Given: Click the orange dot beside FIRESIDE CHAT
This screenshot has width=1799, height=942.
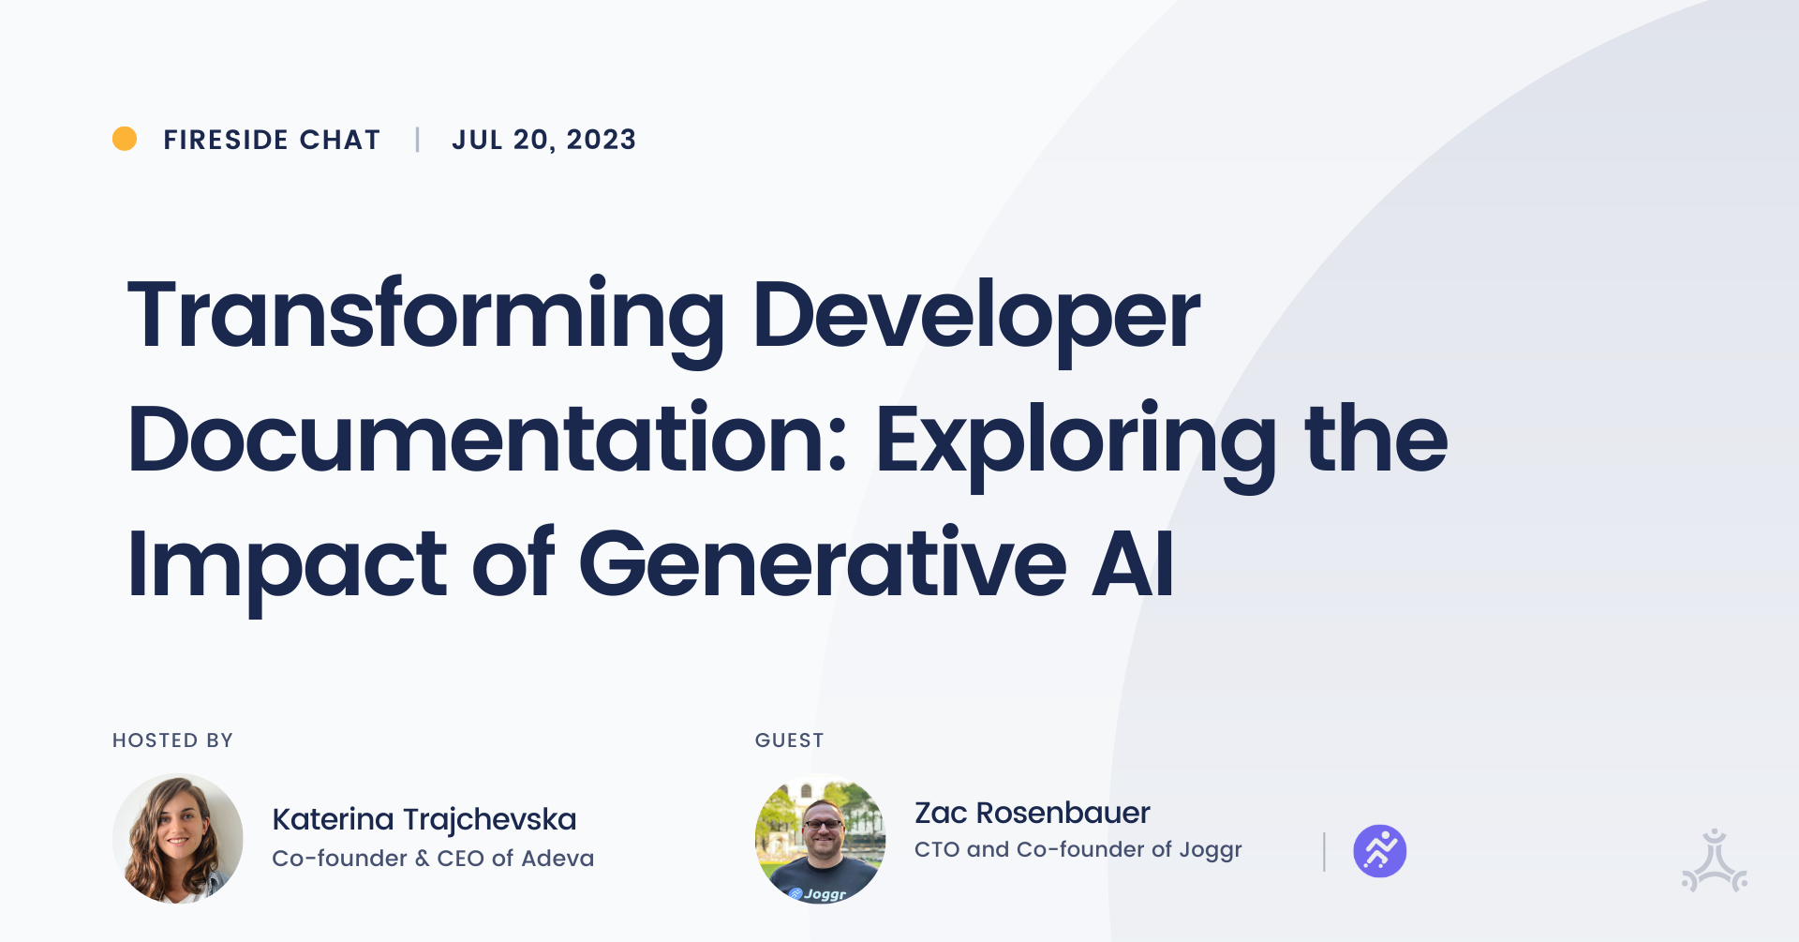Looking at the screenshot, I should pos(125,139).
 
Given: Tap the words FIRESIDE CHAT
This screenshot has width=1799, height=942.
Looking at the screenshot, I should pos(272,140).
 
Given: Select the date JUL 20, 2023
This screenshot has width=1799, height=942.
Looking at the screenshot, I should pos(543,140).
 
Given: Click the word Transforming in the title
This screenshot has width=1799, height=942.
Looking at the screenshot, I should pos(425,316).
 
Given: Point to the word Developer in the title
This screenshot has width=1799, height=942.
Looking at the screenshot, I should pos(975,316).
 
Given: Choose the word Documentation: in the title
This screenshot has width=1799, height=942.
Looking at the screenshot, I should pos(487,440).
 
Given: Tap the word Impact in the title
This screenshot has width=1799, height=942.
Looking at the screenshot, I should pos(287,564).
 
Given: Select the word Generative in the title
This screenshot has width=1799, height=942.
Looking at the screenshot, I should pos(823,563).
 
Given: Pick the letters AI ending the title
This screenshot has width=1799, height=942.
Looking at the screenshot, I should pos(1133,563).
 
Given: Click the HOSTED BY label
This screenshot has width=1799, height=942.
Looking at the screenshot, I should pos(172,740).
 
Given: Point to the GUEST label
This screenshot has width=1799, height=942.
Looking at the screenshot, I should pos(789,740).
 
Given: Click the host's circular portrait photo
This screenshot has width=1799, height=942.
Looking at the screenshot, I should pos(178,838).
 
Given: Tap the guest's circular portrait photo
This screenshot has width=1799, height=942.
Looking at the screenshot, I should pos(820,838).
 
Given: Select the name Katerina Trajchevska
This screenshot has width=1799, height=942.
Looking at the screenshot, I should pos(424,819).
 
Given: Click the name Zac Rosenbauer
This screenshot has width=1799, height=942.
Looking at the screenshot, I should pos(1032,813).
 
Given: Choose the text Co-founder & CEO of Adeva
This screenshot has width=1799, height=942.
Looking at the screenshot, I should pos(432,858).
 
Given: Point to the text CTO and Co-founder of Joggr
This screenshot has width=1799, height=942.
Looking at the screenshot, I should pos(1078,849).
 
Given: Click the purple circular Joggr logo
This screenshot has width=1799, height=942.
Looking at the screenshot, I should pos(1379,851).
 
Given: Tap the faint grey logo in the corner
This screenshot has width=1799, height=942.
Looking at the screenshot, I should pos(1714,860).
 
